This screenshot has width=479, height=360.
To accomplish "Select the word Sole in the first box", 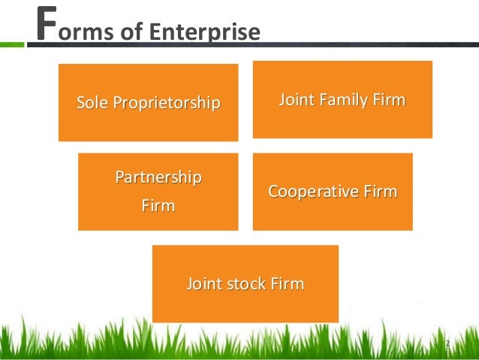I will pos(92,101).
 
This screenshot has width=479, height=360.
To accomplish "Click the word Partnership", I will pos(158,178).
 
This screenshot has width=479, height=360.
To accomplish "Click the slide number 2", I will pos(447,343).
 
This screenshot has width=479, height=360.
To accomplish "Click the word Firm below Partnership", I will pos(158,204).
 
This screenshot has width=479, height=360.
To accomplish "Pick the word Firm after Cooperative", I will pos(379,192).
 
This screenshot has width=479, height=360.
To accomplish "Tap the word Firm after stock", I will pos(290,284).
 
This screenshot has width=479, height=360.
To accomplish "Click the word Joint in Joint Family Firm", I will pos(297,99).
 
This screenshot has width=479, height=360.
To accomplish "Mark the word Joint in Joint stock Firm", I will pos(204,284).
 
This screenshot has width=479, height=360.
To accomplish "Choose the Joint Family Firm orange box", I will pos(342,120).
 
